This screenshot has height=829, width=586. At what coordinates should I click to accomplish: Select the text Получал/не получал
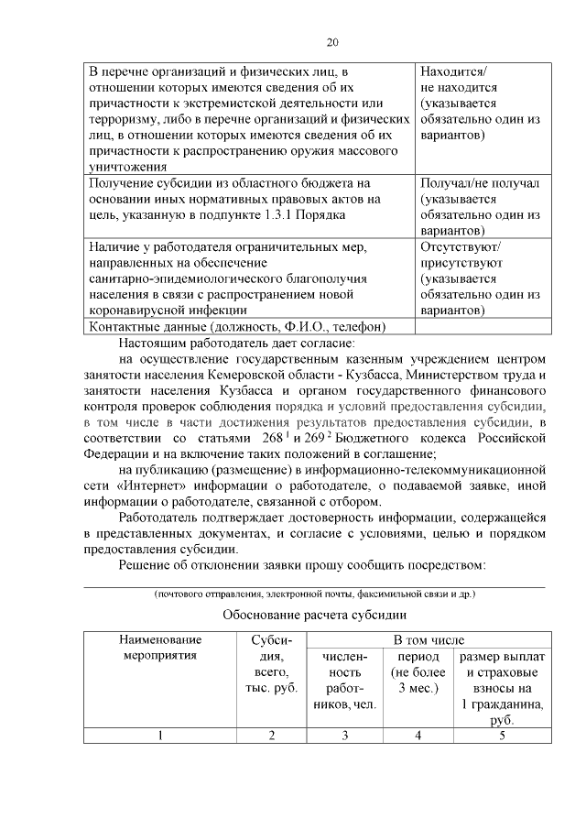click(480, 183)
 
